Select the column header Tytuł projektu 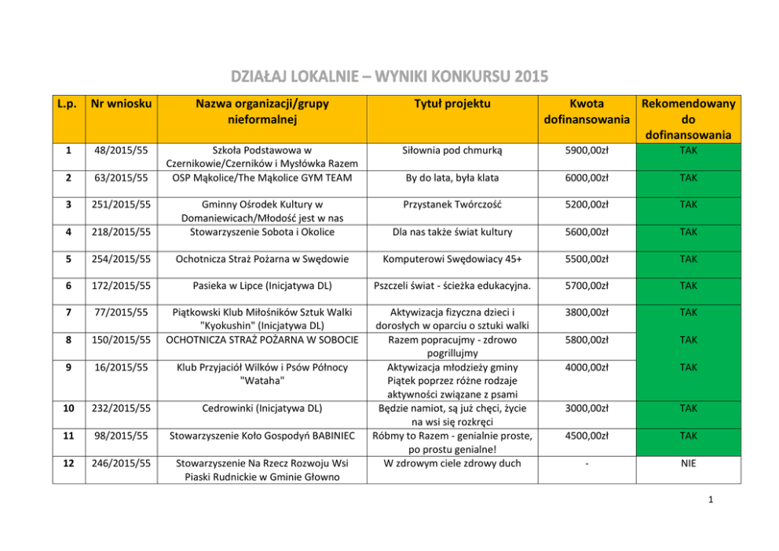tap(453, 104)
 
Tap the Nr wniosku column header tap(122, 104)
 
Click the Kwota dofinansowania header tap(587, 111)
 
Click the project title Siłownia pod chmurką tap(453, 149)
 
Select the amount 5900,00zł tap(587, 149)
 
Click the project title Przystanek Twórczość tap(453, 204)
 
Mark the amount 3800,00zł tap(587, 312)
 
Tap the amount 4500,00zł tap(587, 436)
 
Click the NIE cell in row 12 tap(689, 463)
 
